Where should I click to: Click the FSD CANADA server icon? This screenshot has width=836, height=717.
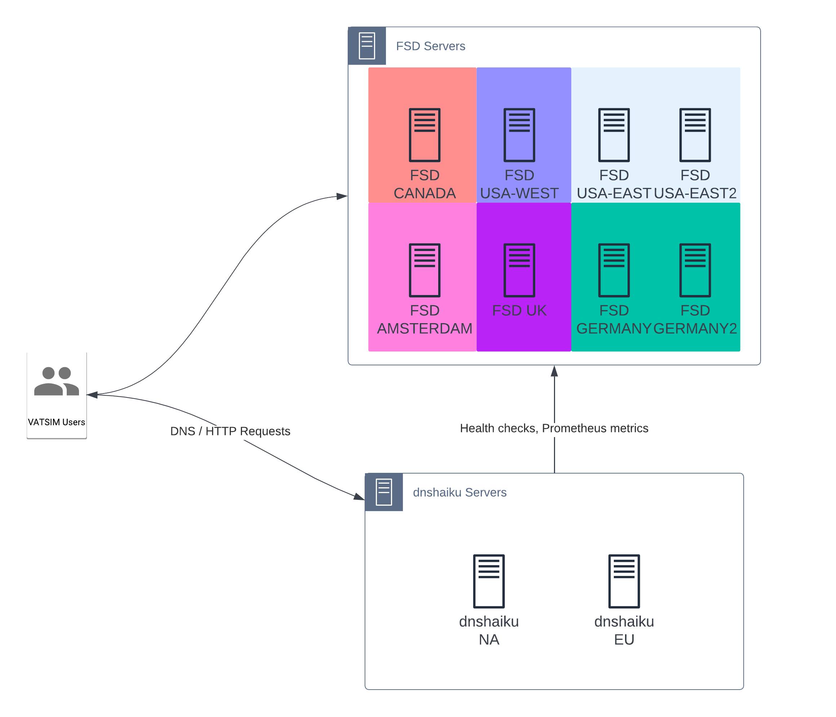click(x=424, y=135)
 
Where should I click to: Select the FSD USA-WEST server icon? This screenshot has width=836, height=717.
click(x=519, y=135)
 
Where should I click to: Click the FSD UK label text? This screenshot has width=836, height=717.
click(x=519, y=310)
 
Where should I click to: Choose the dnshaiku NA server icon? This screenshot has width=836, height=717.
click(x=489, y=581)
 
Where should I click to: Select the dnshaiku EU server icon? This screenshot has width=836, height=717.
click(x=624, y=581)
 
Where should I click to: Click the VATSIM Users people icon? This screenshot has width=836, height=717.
click(x=57, y=381)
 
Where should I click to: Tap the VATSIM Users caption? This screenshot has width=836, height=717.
click(x=57, y=422)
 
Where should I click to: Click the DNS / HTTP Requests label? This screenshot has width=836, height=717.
click(x=230, y=431)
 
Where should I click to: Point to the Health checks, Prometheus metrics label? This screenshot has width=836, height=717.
click(x=554, y=428)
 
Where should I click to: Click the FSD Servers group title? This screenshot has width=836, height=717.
click(x=431, y=46)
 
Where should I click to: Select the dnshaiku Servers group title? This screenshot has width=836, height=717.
click(x=459, y=492)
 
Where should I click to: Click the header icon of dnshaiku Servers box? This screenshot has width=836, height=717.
click(x=384, y=492)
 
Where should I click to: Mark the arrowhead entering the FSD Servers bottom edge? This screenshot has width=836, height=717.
click(x=554, y=371)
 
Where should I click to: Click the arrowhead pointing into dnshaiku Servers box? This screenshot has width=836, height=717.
click(x=359, y=497)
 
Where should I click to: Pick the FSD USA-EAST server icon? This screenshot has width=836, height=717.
click(x=614, y=135)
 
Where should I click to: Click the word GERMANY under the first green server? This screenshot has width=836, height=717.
click(x=614, y=329)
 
